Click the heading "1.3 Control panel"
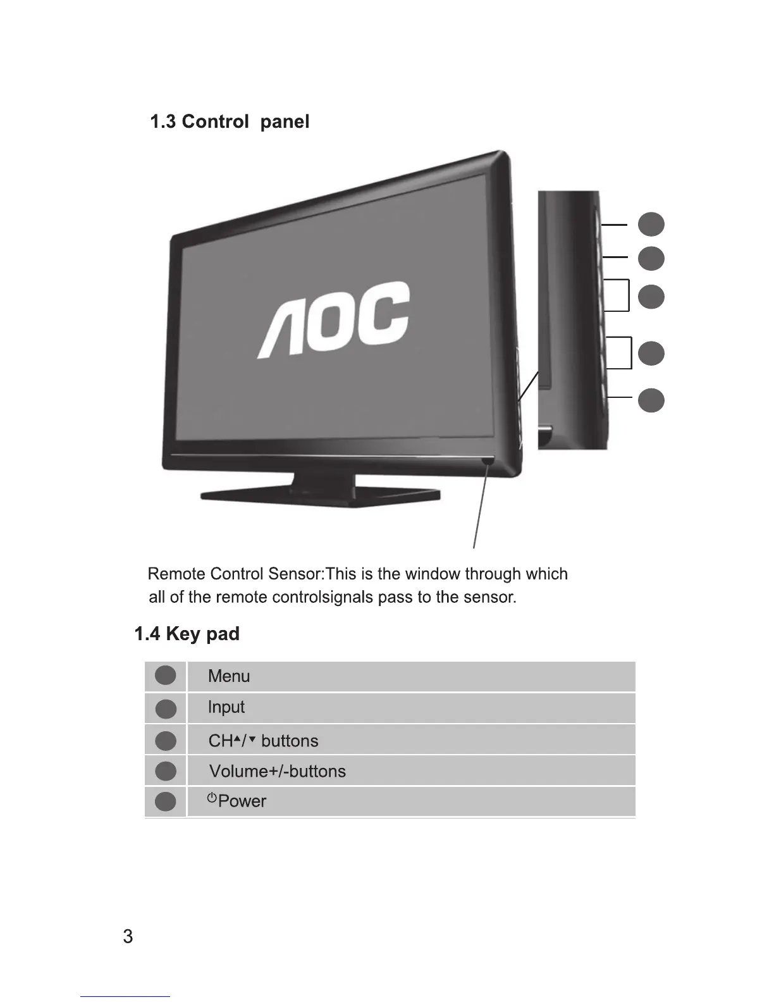tap(229, 121)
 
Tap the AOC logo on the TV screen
tap(333, 321)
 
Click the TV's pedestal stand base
tap(320, 495)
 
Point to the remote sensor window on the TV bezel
tap(488, 462)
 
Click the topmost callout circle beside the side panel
tap(651, 224)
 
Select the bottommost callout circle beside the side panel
tap(651, 401)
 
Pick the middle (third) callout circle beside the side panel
tap(651, 297)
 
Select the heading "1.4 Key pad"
tap(187, 634)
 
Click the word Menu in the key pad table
tap(229, 676)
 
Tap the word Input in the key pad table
tap(226, 707)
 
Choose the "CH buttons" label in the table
tap(263, 741)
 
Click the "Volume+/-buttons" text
tap(277, 771)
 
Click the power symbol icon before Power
tap(212, 798)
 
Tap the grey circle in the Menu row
tap(166, 676)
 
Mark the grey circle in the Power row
tap(166, 801)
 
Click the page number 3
tap(128, 937)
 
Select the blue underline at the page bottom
tap(125, 996)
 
